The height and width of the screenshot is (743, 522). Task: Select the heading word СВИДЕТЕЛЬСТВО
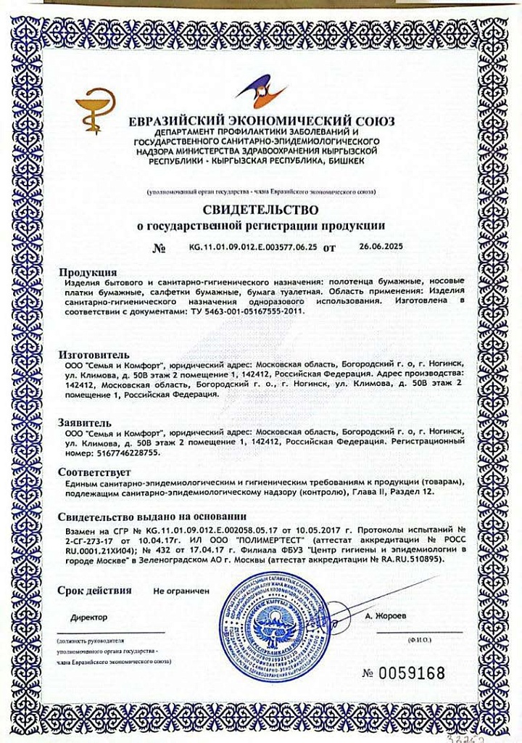[261, 211]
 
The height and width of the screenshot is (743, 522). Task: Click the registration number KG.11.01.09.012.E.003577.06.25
[252, 247]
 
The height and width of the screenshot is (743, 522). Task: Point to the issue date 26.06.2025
[381, 247]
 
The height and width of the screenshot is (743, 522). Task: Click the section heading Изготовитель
[95, 354]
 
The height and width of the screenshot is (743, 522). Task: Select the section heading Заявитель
[85, 421]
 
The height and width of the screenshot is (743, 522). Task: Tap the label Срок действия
[94, 590]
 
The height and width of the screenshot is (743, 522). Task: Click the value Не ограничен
[181, 591]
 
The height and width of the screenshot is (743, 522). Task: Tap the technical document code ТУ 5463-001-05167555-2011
[249, 311]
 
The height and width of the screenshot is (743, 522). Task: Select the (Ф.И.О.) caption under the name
[419, 641]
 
